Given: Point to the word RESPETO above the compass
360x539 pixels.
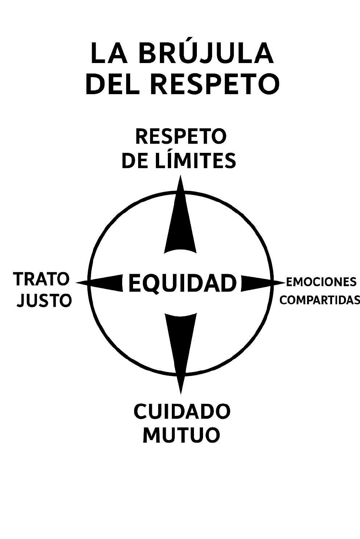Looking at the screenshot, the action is coord(181,137).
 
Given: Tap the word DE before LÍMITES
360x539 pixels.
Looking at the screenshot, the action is coord(134,160).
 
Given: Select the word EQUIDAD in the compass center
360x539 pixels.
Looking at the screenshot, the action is coord(182,283).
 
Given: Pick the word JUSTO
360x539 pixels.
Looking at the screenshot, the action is coord(45,300).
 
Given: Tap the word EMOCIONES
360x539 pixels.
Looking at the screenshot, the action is coord(321,281).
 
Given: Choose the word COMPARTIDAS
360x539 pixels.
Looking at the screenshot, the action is coord(320,300).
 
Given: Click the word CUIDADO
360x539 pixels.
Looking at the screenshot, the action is coord(182,411).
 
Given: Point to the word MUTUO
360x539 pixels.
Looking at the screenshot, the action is coord(181,435).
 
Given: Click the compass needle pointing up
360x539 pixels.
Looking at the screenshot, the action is coord(181,225).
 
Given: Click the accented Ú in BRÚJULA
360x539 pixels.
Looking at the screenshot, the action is coord(186,54).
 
